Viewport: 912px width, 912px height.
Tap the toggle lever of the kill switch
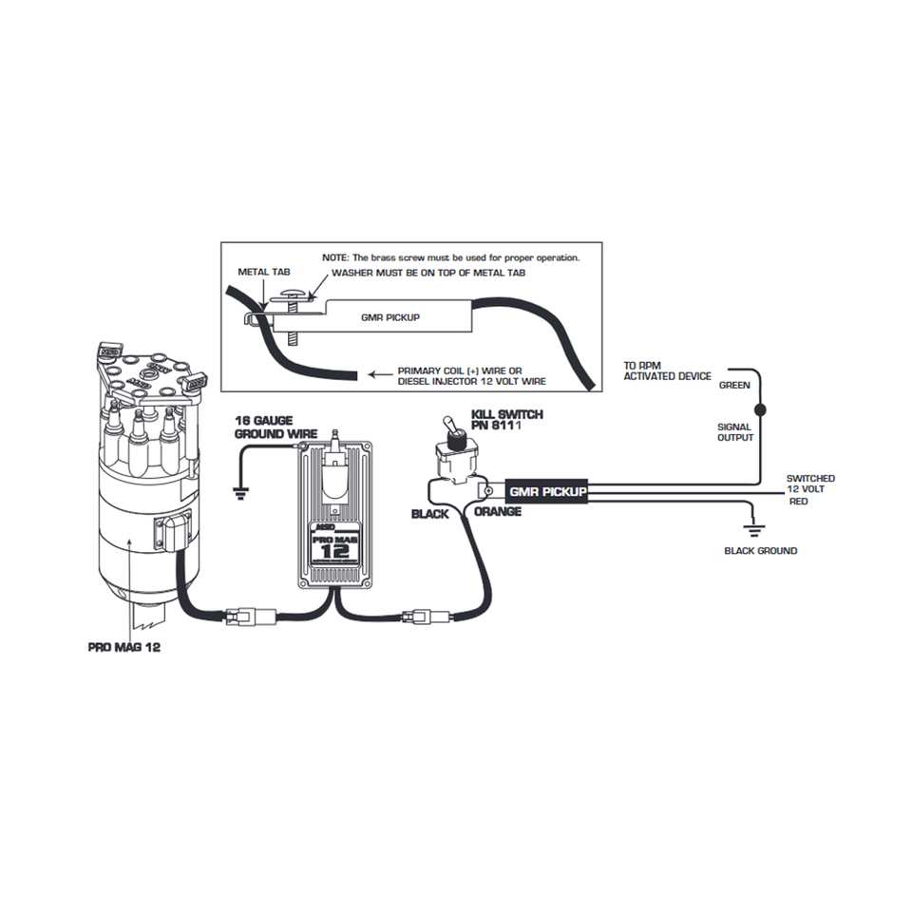455,436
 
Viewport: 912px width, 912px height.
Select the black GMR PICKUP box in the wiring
546,491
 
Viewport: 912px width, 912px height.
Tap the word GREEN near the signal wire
734,386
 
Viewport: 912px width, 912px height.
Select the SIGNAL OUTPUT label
734,432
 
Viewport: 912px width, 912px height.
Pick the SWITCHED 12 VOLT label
810,484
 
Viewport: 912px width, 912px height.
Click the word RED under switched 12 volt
798,502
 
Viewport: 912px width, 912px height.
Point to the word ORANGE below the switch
497,512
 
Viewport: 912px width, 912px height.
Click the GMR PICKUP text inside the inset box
390,317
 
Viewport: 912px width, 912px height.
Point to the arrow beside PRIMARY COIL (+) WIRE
381,372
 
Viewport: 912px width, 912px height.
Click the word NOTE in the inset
336,257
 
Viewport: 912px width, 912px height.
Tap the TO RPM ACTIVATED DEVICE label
667,370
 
